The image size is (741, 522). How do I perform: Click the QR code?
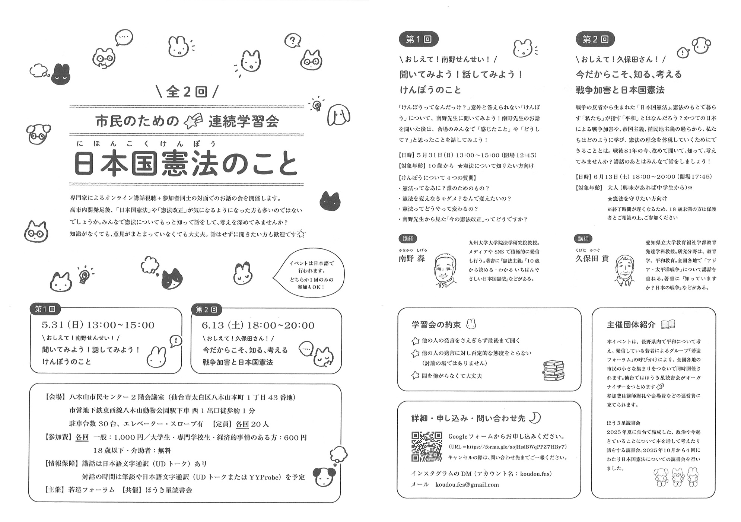click(426, 446)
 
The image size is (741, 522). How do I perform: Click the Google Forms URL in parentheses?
click(508, 447)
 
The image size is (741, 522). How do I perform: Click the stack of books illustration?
click(554, 370)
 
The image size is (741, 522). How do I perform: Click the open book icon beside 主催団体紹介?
click(668, 325)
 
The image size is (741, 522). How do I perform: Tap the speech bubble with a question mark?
click(293, 40)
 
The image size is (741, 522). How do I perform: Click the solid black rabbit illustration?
click(60, 74)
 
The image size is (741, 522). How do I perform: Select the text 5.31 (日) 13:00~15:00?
click(98, 325)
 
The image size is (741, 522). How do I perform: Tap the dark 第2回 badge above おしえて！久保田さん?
click(595, 39)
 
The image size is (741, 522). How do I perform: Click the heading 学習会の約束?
click(436, 325)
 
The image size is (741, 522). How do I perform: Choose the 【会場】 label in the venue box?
click(55, 397)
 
